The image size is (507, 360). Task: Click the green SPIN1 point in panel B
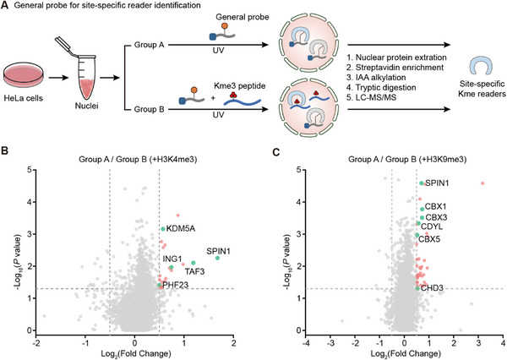pyautogui.click(x=218, y=258)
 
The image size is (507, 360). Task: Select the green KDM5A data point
pyautogui.click(x=163, y=229)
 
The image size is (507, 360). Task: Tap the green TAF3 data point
pyautogui.click(x=194, y=263)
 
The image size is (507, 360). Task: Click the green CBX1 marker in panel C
pyautogui.click(x=422, y=210)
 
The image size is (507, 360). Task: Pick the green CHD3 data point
pyautogui.click(x=417, y=288)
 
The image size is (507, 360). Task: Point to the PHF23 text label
pyautogui.click(x=175, y=285)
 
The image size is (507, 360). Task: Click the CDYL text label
pyautogui.click(x=432, y=226)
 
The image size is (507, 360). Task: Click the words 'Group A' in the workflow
pyautogui.click(x=150, y=45)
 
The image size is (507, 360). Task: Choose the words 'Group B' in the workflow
pyautogui.click(x=150, y=109)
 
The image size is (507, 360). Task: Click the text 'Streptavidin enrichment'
pyautogui.click(x=400, y=68)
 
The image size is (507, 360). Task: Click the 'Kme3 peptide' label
pyautogui.click(x=240, y=86)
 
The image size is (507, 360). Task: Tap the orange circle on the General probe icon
pyautogui.click(x=225, y=26)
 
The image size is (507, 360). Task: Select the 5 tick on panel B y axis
pyautogui.click(x=30, y=170)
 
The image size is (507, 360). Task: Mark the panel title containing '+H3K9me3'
pyautogui.click(x=407, y=159)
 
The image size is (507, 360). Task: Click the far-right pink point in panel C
pyautogui.click(x=482, y=183)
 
